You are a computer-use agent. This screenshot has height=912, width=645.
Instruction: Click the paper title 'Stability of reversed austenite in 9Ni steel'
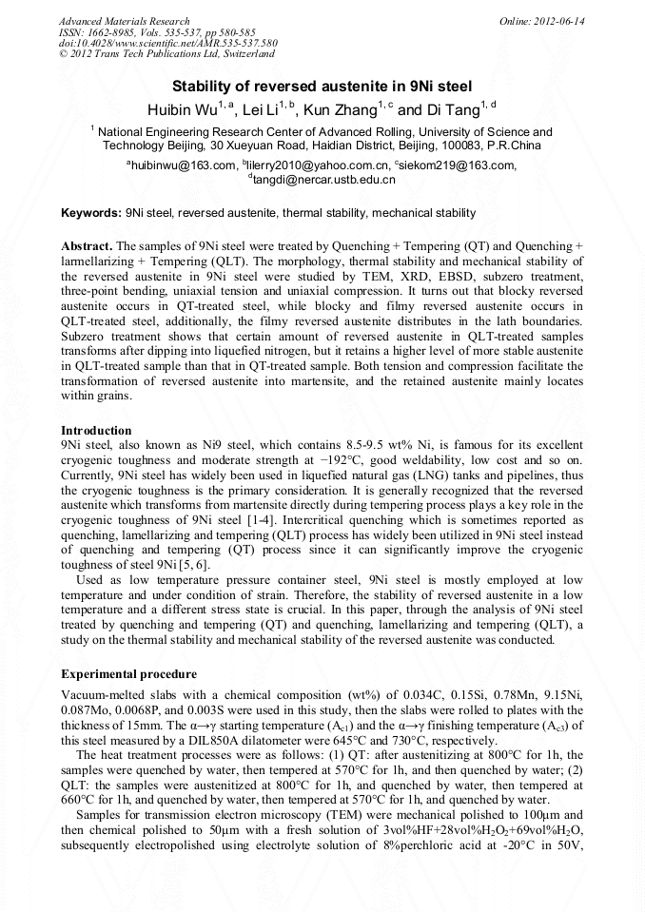pos(322,86)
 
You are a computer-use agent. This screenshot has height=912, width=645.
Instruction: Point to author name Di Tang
pos(451,110)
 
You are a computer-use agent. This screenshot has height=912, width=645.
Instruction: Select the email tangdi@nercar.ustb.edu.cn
pos(323,179)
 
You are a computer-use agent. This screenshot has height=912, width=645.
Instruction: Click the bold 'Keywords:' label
pos(91,213)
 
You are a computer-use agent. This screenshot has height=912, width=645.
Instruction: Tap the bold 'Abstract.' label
pos(88,245)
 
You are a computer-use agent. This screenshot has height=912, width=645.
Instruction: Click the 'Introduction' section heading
pos(96,430)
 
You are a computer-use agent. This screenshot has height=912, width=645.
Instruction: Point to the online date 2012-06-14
pos(559,21)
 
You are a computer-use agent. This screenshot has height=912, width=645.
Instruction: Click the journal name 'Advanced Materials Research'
pos(124,21)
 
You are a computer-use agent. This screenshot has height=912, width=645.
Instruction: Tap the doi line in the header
pos(167,43)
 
